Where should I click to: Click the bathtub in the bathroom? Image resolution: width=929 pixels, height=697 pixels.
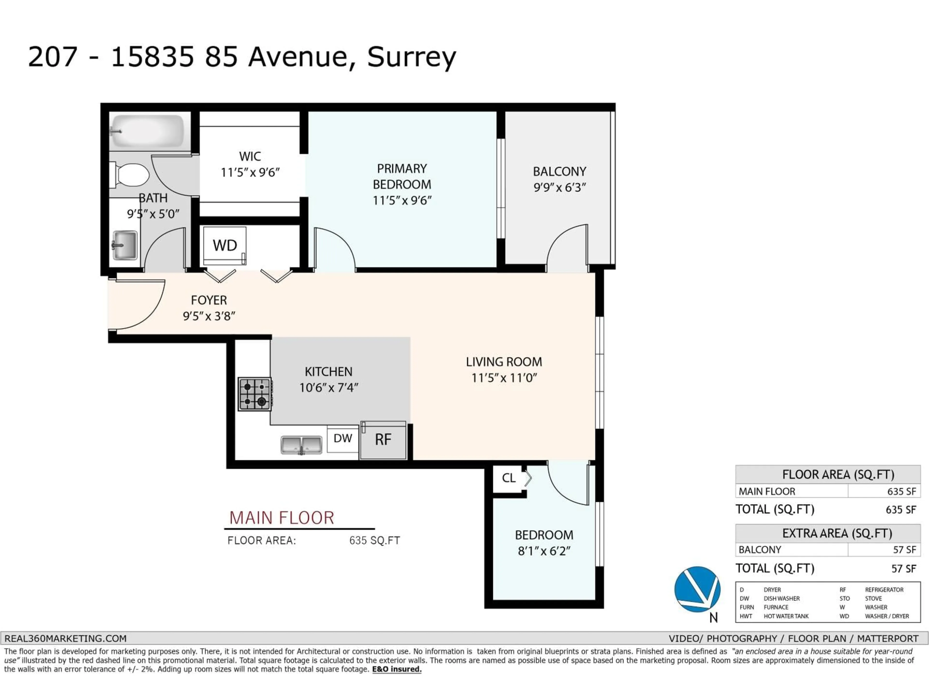pyautogui.click(x=147, y=131)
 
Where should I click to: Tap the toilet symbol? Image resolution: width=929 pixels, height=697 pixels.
pyautogui.click(x=131, y=175)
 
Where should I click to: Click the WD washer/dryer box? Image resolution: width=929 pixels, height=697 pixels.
pyautogui.click(x=225, y=245)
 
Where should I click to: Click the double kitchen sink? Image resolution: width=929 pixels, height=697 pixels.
pyautogui.click(x=301, y=445)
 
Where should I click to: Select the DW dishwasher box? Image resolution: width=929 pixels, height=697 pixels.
pyautogui.click(x=343, y=439)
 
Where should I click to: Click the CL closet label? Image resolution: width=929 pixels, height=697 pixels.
pyautogui.click(x=509, y=478)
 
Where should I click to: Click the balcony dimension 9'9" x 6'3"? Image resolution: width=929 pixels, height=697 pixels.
pyautogui.click(x=559, y=187)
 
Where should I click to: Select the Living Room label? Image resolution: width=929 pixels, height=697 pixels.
pyautogui.click(x=503, y=362)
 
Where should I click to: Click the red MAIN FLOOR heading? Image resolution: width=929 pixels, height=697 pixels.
pyautogui.click(x=281, y=518)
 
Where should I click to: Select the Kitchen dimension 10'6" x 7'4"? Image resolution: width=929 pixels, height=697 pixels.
pyautogui.click(x=329, y=387)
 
